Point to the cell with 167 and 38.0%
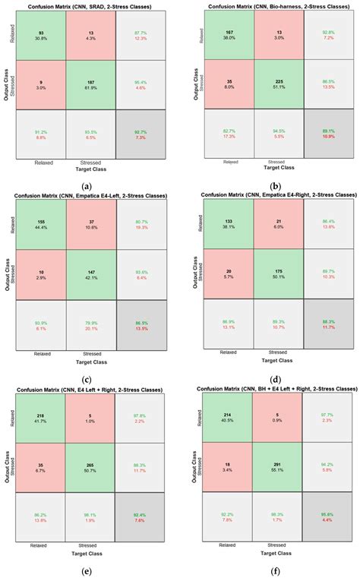[226, 37]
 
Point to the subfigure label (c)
[87, 358]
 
